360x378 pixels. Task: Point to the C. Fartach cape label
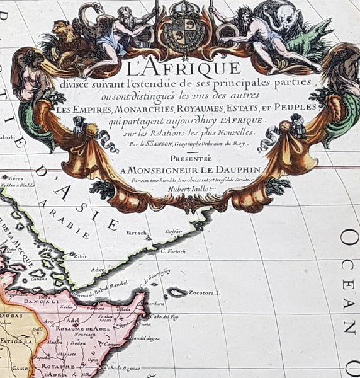[x=172, y=252]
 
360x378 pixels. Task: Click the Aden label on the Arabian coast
[x=97, y=268]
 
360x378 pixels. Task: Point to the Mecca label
[x=16, y=178]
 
